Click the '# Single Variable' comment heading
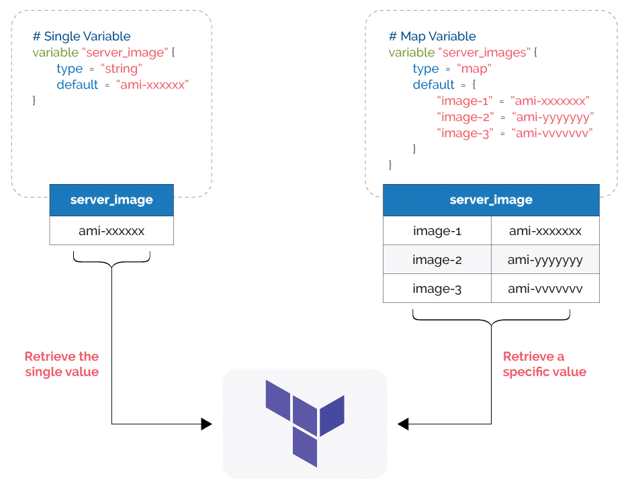[81, 36]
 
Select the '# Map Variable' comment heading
[432, 36]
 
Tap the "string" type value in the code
[122, 69]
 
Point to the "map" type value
[474, 69]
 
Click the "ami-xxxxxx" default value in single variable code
[152, 85]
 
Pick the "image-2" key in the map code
[465, 118]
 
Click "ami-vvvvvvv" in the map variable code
[552, 134]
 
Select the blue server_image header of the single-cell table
[111, 200]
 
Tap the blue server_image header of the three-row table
[491, 200]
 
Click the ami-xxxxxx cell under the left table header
[111, 230]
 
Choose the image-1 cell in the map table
[437, 230]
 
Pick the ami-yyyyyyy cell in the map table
[545, 259]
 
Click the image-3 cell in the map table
[437, 288]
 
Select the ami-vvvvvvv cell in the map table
[545, 288]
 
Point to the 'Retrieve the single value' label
[62, 364]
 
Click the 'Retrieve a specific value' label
[544, 364]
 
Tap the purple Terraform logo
[305, 423]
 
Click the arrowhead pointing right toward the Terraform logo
[206, 424]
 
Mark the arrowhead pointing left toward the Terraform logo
[403, 424]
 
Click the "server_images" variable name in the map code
[484, 53]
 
